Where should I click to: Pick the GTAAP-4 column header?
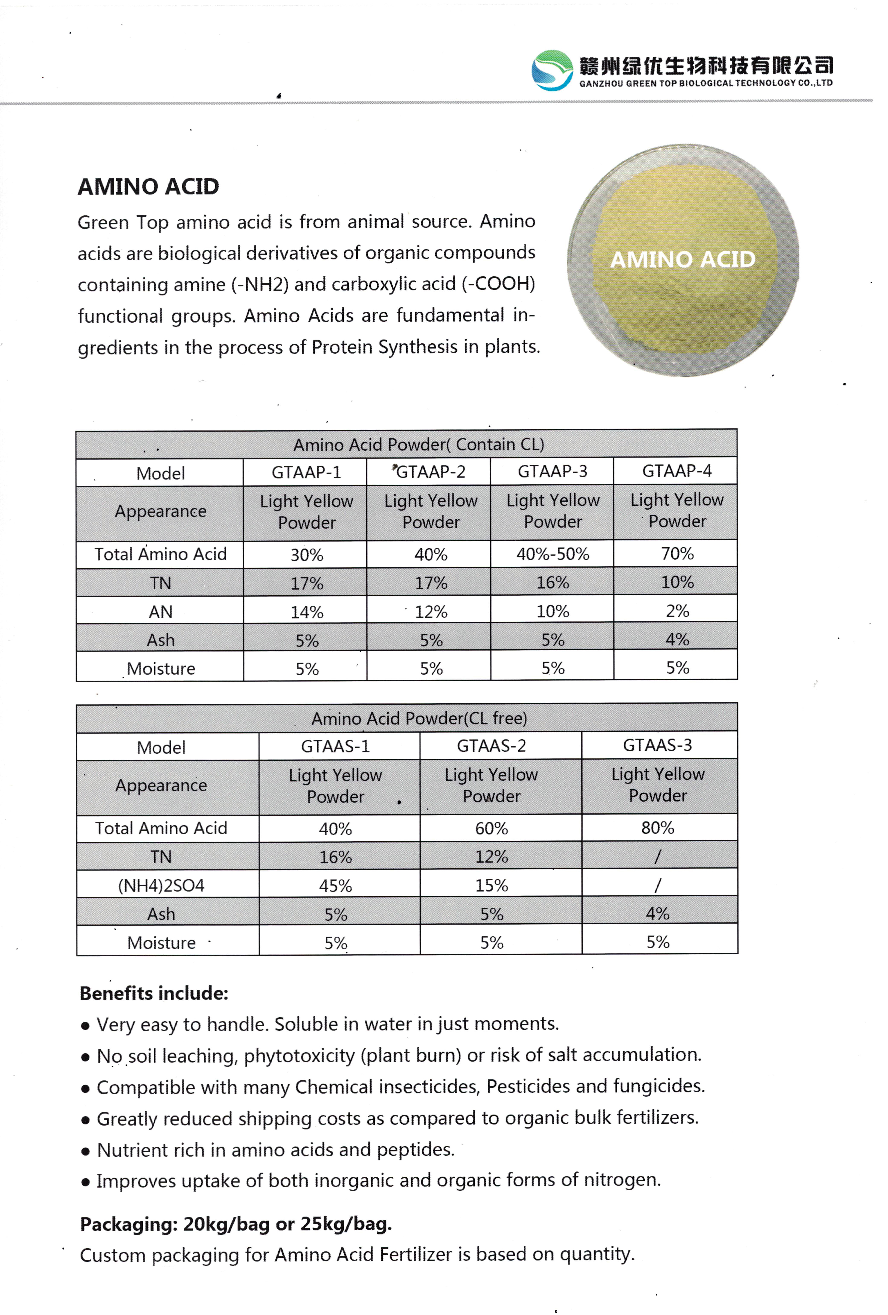[x=677, y=471]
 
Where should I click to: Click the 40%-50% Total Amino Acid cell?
[x=553, y=554]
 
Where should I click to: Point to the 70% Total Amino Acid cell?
[x=677, y=553]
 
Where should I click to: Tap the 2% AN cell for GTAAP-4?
[x=677, y=611]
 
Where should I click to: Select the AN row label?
[x=161, y=612]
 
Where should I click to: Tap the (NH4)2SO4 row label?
[x=161, y=886]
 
